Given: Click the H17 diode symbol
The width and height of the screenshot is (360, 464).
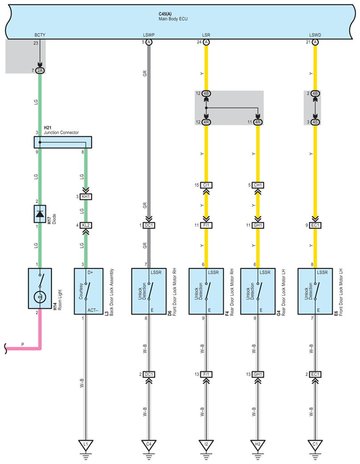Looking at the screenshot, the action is click(x=40, y=214).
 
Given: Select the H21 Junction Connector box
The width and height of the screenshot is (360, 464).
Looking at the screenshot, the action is click(x=63, y=142).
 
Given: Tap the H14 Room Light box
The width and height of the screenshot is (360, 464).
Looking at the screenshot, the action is click(x=40, y=288).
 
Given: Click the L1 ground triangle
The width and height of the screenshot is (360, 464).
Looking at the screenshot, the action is click(x=85, y=444).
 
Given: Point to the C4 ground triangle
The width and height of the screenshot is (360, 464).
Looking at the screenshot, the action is click(x=149, y=444).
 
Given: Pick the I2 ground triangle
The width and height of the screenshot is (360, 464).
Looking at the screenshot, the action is click(x=206, y=444).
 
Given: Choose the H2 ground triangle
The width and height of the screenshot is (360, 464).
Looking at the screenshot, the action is click(x=258, y=444).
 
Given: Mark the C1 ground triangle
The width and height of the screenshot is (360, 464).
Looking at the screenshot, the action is click(x=315, y=444).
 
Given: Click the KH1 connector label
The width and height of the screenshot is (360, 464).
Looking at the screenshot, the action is click(x=86, y=196).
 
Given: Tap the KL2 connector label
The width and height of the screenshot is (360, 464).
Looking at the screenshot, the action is click(x=86, y=225).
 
